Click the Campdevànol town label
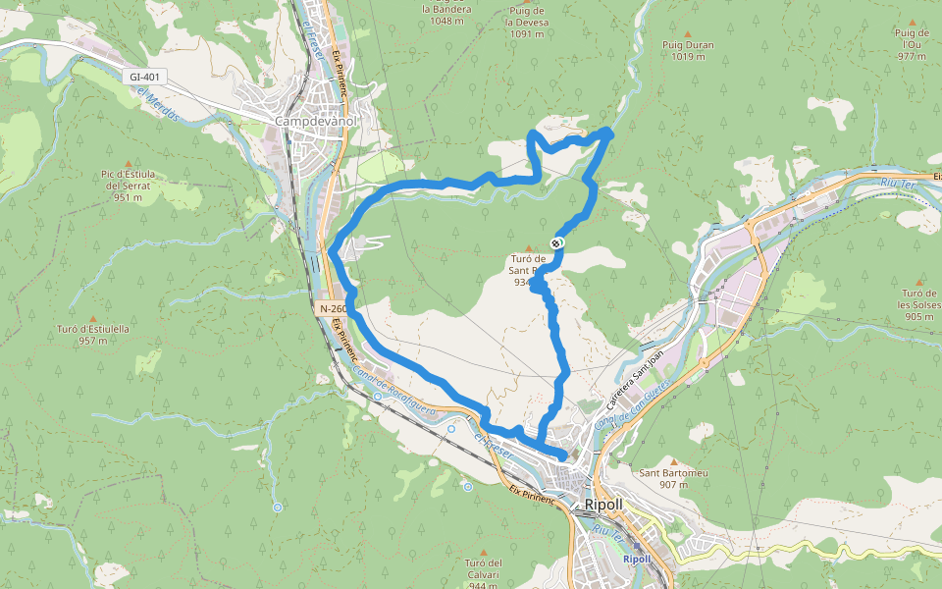315,121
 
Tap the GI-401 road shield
143,77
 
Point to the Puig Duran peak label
688,45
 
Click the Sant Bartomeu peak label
674,473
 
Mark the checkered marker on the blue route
557,241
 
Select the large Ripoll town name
603,505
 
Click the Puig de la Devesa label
527,23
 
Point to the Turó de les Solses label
919,304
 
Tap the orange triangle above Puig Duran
688,31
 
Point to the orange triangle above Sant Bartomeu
674,459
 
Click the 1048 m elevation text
446,21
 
